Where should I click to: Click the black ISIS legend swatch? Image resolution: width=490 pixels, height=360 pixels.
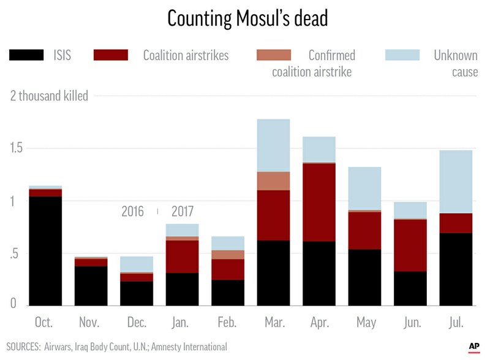click(x=26, y=55)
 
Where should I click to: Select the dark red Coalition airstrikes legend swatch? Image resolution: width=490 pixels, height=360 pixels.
click(x=111, y=55)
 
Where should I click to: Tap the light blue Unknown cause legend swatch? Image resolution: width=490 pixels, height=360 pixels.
click(x=402, y=55)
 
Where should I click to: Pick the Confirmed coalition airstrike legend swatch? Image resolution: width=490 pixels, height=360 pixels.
click(x=274, y=55)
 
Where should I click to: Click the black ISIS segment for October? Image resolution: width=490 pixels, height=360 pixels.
click(x=45, y=251)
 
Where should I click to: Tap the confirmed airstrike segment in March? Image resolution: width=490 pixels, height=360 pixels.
click(x=273, y=181)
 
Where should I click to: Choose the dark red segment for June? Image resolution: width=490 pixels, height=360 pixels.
click(x=410, y=245)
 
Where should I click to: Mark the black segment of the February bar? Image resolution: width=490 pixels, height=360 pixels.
click(x=227, y=293)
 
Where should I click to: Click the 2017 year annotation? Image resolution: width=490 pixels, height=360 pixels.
click(x=182, y=212)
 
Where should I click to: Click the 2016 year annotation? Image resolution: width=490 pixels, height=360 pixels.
click(x=132, y=212)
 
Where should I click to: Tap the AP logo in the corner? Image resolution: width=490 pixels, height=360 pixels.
click(x=473, y=347)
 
